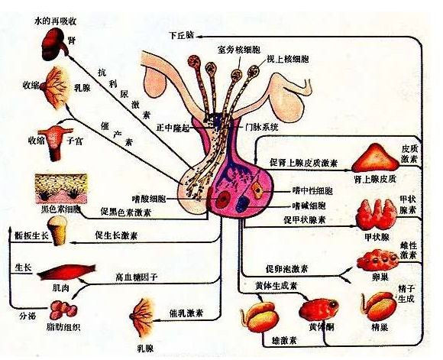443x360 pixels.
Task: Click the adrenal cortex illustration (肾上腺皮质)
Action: click(375, 160)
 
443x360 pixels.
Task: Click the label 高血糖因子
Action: click(136, 277)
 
